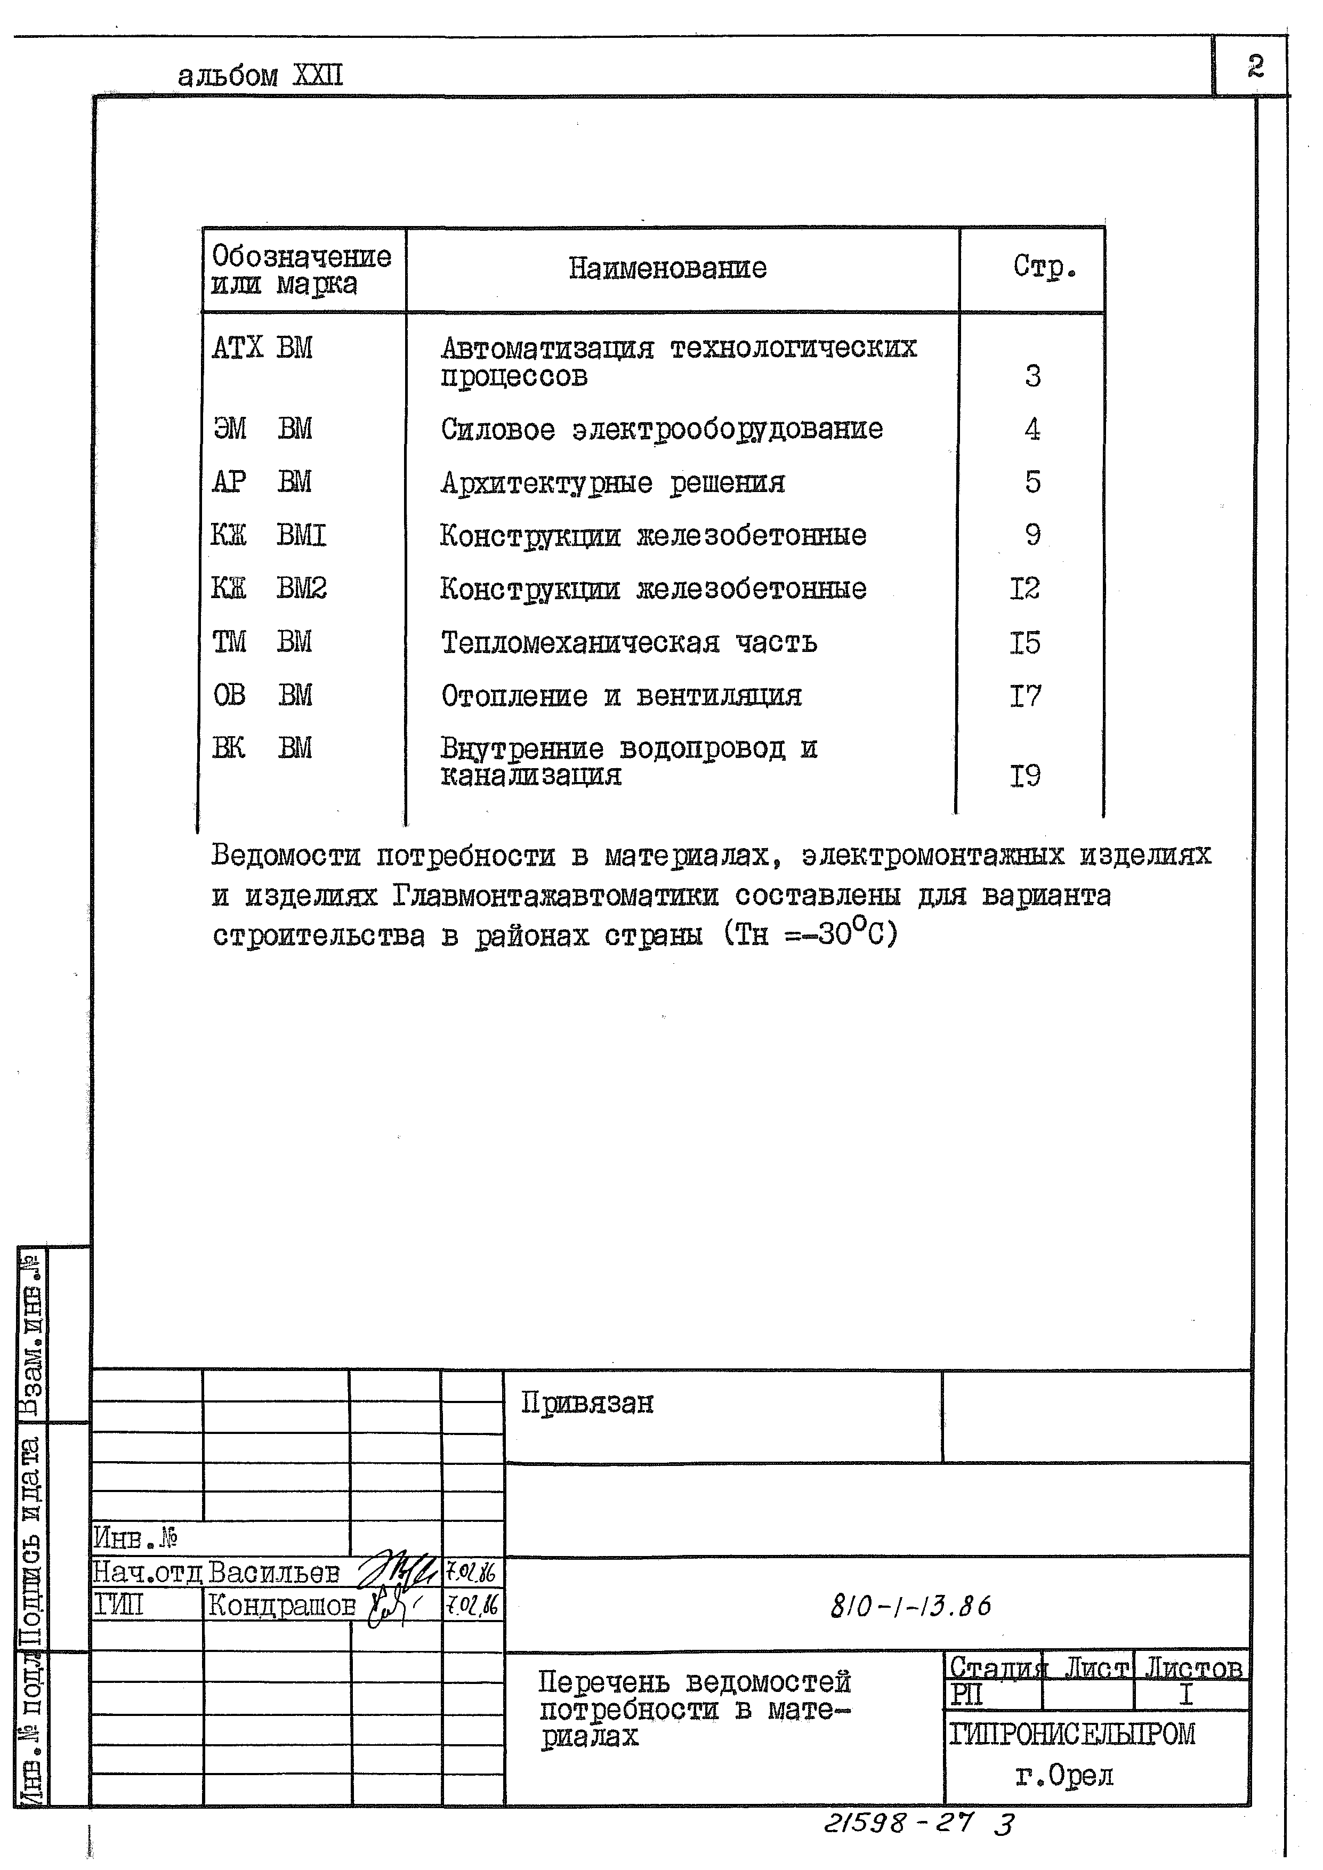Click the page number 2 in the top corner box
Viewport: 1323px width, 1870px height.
point(1255,65)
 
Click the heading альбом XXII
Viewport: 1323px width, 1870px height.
point(260,76)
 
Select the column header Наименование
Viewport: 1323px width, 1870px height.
point(667,268)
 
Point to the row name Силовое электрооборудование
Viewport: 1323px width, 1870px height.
point(661,429)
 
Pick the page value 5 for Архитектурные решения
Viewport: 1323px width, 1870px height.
point(1032,482)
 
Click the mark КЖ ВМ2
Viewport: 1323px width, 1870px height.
point(269,588)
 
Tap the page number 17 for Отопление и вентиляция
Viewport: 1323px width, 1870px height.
point(1025,696)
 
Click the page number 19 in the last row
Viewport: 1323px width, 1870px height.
point(1025,776)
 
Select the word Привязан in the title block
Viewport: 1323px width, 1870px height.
point(586,1402)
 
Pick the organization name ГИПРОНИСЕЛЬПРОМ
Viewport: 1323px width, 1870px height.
point(1071,1733)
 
